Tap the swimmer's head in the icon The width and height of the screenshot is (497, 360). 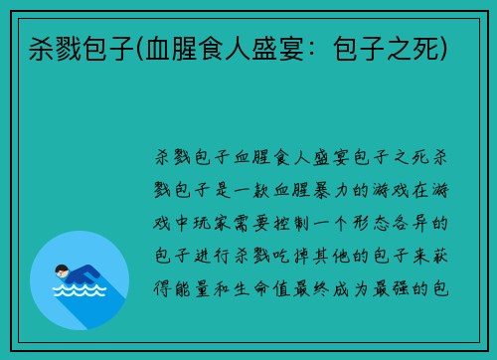[x=63, y=270]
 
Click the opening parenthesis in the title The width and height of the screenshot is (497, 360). [x=141, y=48]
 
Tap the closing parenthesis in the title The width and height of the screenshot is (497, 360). [x=445, y=48]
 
